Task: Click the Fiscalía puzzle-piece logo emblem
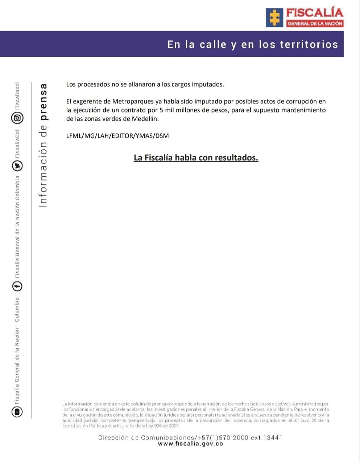pyautogui.click(x=274, y=17)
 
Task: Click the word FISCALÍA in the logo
pyautogui.click(x=314, y=13)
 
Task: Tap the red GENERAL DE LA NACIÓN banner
pyautogui.click(x=315, y=24)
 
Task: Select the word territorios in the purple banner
pyautogui.click(x=309, y=45)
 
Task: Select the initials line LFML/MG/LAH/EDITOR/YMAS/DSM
pyautogui.click(x=117, y=136)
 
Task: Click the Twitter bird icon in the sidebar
pyautogui.click(x=17, y=166)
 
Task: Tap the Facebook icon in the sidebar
pyautogui.click(x=17, y=286)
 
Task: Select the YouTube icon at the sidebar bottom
pyautogui.click(x=17, y=412)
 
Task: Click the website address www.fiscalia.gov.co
pyautogui.click(x=190, y=444)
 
